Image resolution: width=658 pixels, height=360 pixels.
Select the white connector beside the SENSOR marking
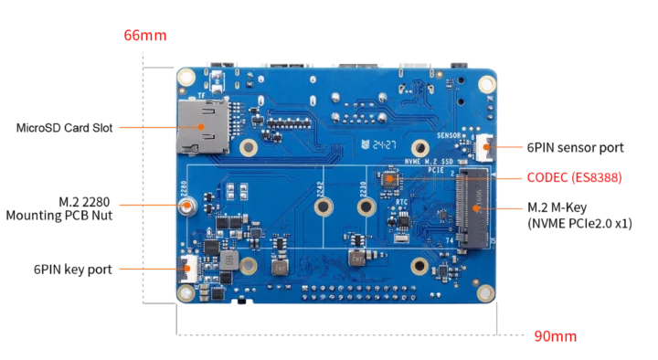[x=485, y=144]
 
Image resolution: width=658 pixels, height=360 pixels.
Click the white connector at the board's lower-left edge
[x=186, y=270]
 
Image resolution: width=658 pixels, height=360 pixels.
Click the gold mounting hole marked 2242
[x=323, y=207]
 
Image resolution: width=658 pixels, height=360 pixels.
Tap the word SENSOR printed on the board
[x=452, y=133]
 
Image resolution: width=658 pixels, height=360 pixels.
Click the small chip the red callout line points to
[x=390, y=179]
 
